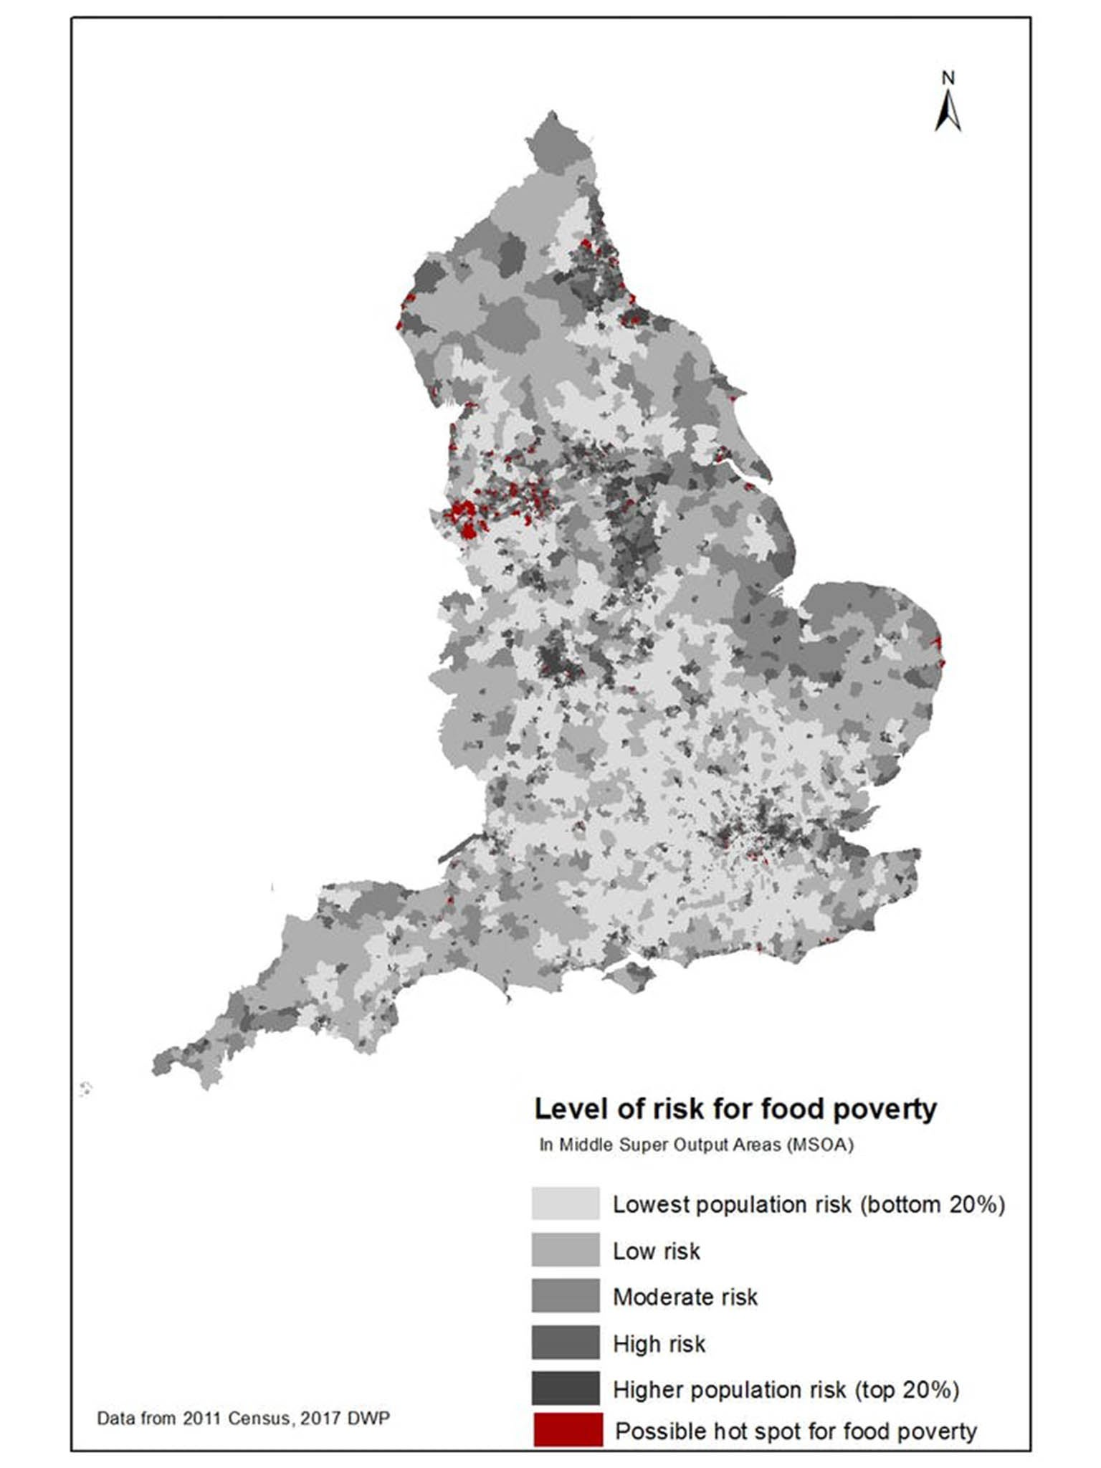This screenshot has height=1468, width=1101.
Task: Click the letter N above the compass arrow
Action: click(x=948, y=78)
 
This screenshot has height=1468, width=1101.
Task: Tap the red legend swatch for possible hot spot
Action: click(x=568, y=1430)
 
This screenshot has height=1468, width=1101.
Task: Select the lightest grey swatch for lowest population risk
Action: click(x=566, y=1204)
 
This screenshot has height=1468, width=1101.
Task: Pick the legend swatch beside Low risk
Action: click(x=566, y=1250)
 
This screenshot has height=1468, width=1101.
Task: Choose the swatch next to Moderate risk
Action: click(x=566, y=1296)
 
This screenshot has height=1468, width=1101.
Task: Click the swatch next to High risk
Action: click(x=566, y=1343)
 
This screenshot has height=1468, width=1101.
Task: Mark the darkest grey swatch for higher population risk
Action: click(x=566, y=1388)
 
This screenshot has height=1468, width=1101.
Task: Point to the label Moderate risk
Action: click(x=685, y=1297)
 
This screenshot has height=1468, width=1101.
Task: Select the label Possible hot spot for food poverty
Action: click(x=796, y=1431)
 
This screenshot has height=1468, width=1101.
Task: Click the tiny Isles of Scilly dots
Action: click(x=85, y=1089)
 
